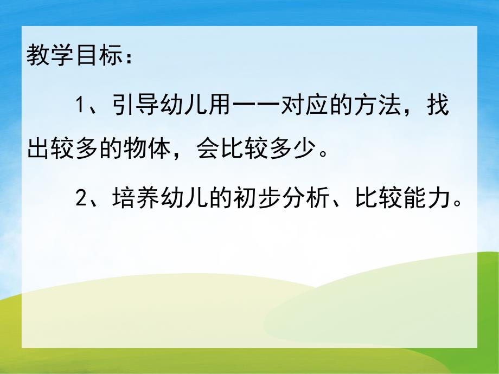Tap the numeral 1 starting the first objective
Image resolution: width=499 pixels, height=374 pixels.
tap(79, 105)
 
